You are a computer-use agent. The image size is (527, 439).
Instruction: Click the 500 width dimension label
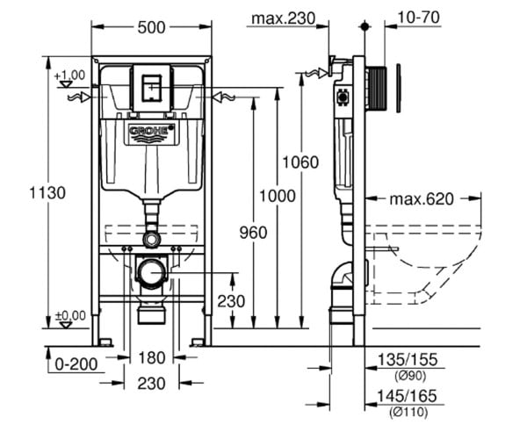tap(152, 27)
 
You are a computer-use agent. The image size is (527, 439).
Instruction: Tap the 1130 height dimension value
tap(47, 193)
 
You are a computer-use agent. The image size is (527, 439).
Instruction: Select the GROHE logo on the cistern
tap(152, 131)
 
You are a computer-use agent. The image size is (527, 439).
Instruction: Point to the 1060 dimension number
tap(300, 162)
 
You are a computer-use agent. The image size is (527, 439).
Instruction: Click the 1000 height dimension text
tap(278, 196)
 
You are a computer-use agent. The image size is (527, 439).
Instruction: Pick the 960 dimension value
tap(253, 233)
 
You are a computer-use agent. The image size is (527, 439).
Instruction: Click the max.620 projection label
tap(422, 198)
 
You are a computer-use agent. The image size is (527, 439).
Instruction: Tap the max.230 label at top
tap(284, 18)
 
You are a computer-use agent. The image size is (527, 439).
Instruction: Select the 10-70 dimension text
tap(418, 18)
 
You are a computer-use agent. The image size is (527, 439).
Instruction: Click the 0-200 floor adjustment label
tap(76, 363)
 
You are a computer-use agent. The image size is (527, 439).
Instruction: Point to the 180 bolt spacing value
tap(152, 357)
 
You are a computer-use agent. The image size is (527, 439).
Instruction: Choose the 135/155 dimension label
tap(408, 359)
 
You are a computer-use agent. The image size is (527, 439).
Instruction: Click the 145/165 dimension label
tap(407, 396)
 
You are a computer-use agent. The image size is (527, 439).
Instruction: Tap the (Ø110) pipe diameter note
tap(408, 412)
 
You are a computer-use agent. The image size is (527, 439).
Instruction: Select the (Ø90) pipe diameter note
tap(410, 376)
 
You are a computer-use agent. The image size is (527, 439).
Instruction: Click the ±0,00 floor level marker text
tap(70, 316)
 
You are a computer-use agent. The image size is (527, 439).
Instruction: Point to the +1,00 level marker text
tap(69, 76)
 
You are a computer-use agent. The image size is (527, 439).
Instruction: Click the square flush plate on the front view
tap(152, 88)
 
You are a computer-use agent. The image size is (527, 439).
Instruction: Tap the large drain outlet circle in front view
tap(153, 272)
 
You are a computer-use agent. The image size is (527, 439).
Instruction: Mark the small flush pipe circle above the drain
tap(152, 239)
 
